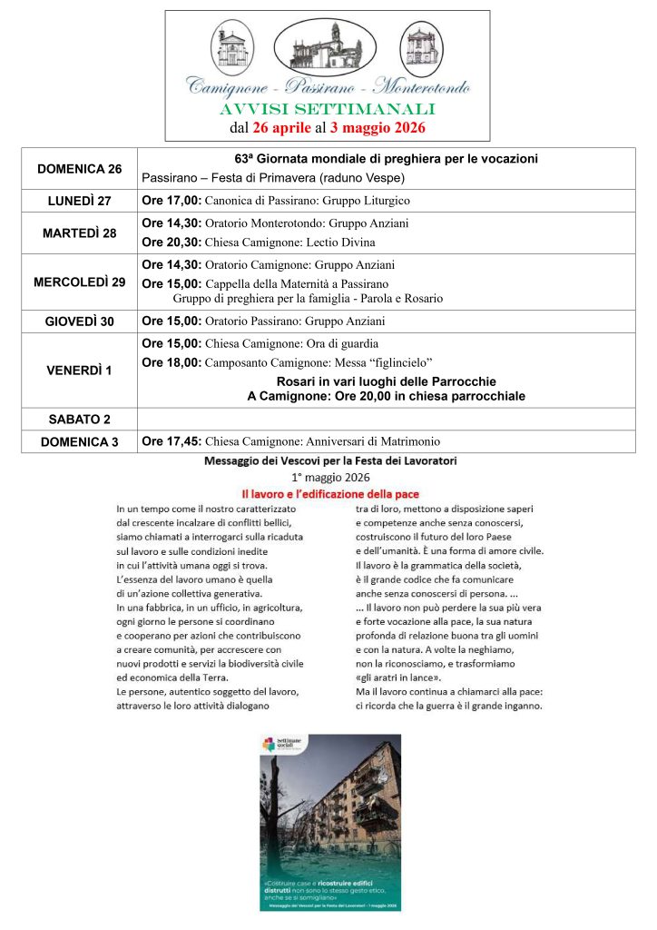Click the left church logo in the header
233,45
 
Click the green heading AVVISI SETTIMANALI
328,110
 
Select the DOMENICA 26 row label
79,169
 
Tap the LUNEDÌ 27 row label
79,201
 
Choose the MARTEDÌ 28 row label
79,233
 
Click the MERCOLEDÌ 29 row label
79,282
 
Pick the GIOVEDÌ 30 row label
79,322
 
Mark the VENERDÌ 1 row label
79,370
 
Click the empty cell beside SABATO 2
386,419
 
